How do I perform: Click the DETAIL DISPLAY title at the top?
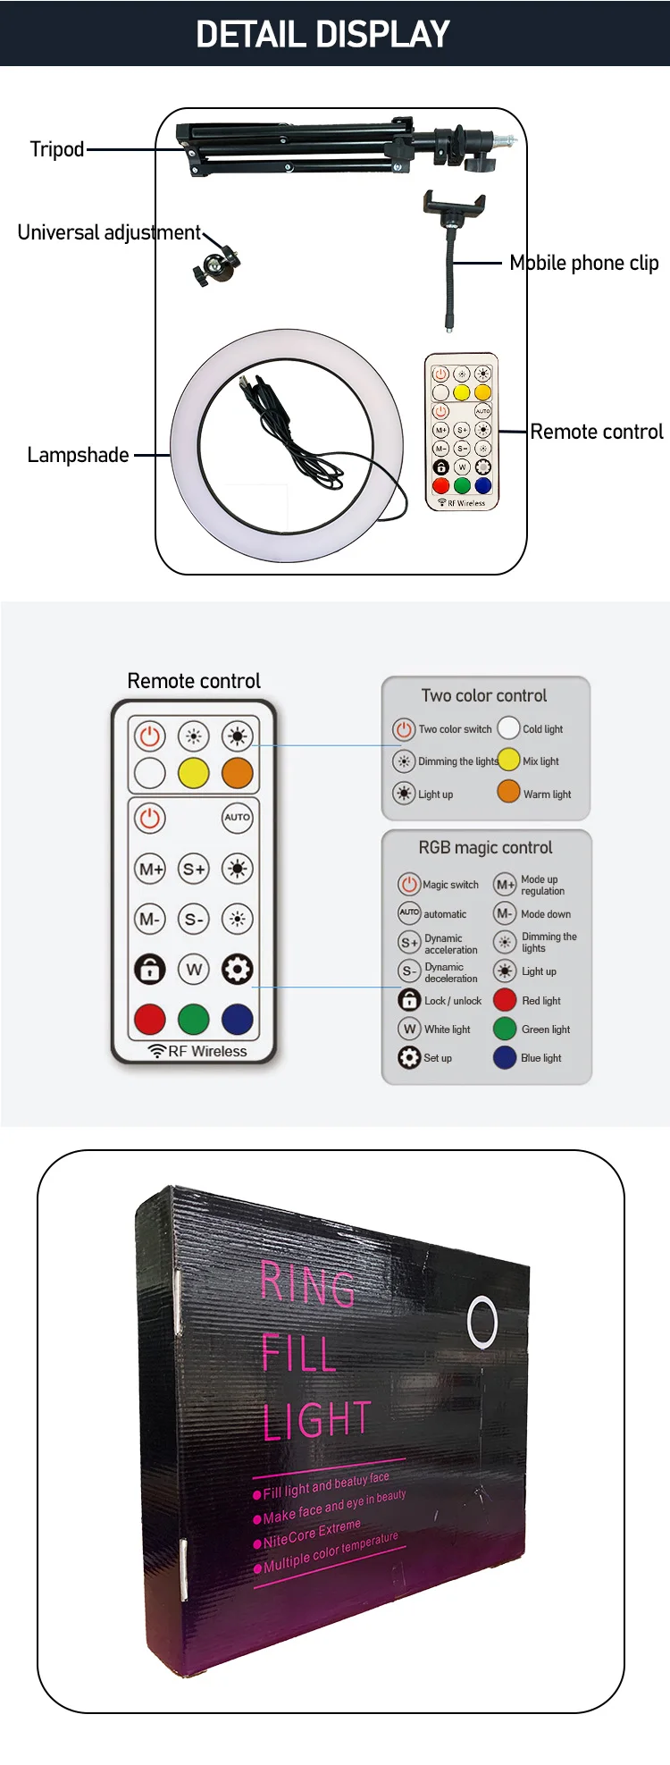[322, 34]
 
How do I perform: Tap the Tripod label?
[57, 149]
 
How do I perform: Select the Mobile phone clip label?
[583, 263]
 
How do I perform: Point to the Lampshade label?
[78, 455]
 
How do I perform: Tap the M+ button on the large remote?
[150, 868]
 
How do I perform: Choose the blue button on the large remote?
[237, 1018]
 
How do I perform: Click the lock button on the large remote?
[150, 969]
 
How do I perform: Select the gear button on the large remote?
[237, 969]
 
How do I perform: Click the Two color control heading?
[484, 695]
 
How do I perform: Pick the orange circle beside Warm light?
[508, 792]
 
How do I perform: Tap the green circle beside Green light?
[505, 1029]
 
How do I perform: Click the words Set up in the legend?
[438, 1058]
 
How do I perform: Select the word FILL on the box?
[298, 1353]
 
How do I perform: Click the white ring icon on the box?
[482, 1323]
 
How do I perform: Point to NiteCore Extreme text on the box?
[312, 1534]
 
